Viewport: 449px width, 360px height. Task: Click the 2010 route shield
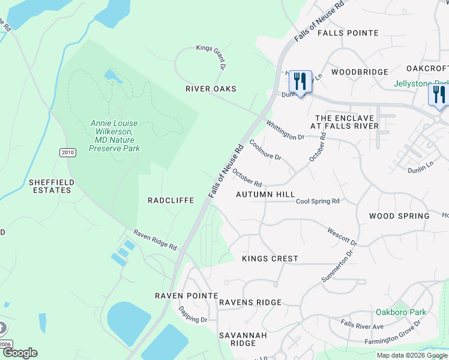pos(68,153)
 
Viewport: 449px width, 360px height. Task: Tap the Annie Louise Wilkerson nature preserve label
pos(114,136)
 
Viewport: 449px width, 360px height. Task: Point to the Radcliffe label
pos(170,200)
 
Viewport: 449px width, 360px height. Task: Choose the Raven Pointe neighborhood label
pos(186,296)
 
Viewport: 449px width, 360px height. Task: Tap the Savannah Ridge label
pos(237,339)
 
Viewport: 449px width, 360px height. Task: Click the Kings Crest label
pos(270,259)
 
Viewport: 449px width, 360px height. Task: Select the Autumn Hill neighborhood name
pos(265,194)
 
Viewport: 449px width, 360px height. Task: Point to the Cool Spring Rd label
pos(318,201)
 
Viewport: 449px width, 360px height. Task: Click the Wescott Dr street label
pos(342,236)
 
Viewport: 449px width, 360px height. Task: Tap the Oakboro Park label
pos(400,312)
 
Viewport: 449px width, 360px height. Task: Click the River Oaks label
pos(211,89)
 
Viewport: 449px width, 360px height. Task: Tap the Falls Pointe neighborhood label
pos(348,33)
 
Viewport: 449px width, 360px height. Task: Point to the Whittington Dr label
pos(285,130)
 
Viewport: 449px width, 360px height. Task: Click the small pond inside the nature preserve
pos(112,76)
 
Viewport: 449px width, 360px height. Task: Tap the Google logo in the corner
pos(19,353)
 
